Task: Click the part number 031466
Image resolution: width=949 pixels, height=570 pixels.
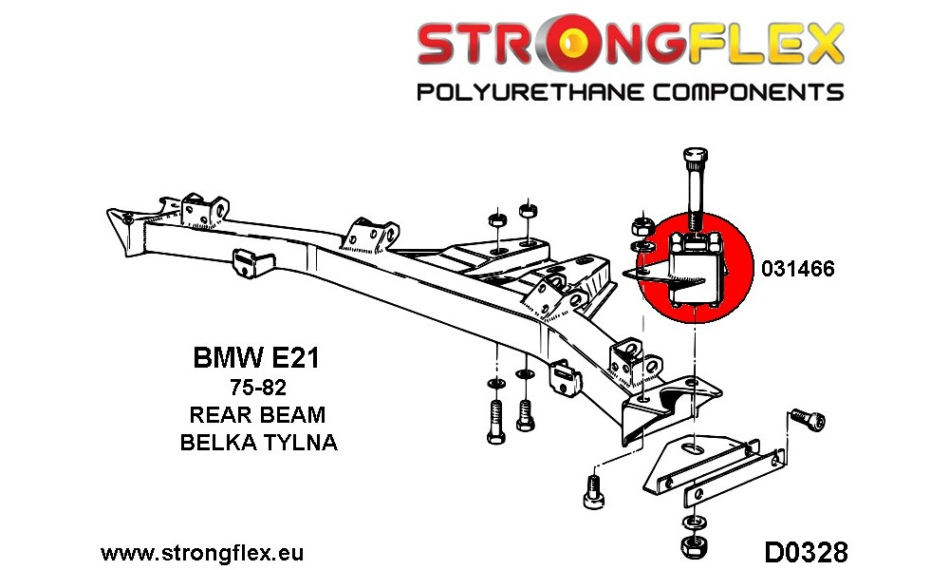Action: (x=798, y=268)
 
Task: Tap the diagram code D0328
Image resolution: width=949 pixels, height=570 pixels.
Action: (x=806, y=553)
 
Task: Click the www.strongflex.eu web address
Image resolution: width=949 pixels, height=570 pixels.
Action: (x=202, y=553)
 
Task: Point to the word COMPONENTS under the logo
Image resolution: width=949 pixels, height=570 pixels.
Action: (x=748, y=93)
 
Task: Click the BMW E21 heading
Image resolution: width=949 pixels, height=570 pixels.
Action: (x=256, y=358)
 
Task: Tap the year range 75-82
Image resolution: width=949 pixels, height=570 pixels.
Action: (x=258, y=387)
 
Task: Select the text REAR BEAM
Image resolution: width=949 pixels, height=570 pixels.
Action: (x=258, y=414)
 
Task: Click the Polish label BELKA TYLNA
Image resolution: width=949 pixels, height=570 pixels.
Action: (x=258, y=442)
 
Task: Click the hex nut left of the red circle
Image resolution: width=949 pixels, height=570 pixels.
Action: (x=641, y=227)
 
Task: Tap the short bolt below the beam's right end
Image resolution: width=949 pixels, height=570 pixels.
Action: (x=593, y=491)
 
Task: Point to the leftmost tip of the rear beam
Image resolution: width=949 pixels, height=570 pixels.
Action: (x=108, y=211)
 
